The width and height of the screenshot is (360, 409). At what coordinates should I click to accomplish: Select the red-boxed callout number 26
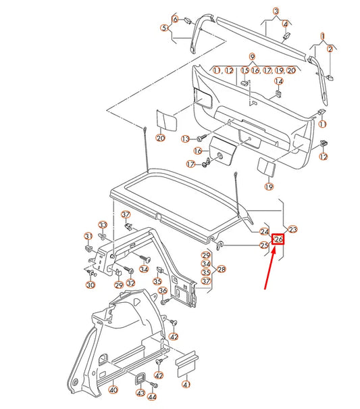click(x=278, y=239)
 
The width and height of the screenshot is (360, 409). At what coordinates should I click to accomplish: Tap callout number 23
click(x=293, y=229)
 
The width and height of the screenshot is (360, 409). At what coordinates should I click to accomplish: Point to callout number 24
click(x=264, y=231)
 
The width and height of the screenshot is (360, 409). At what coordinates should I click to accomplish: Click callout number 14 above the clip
click(x=278, y=70)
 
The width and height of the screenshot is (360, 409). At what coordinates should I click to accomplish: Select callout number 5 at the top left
click(x=163, y=28)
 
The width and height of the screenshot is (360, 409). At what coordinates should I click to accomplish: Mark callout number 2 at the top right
click(x=330, y=49)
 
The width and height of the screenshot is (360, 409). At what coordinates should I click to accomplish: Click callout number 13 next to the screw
click(x=184, y=139)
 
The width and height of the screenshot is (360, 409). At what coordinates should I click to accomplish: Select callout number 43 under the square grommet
click(x=140, y=392)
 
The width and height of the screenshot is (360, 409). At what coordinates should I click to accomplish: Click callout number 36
click(x=162, y=291)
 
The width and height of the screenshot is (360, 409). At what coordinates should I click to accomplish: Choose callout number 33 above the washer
click(x=103, y=224)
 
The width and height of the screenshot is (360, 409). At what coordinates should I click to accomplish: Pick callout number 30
click(x=91, y=285)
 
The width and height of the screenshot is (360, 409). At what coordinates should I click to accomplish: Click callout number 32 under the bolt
click(x=130, y=283)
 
